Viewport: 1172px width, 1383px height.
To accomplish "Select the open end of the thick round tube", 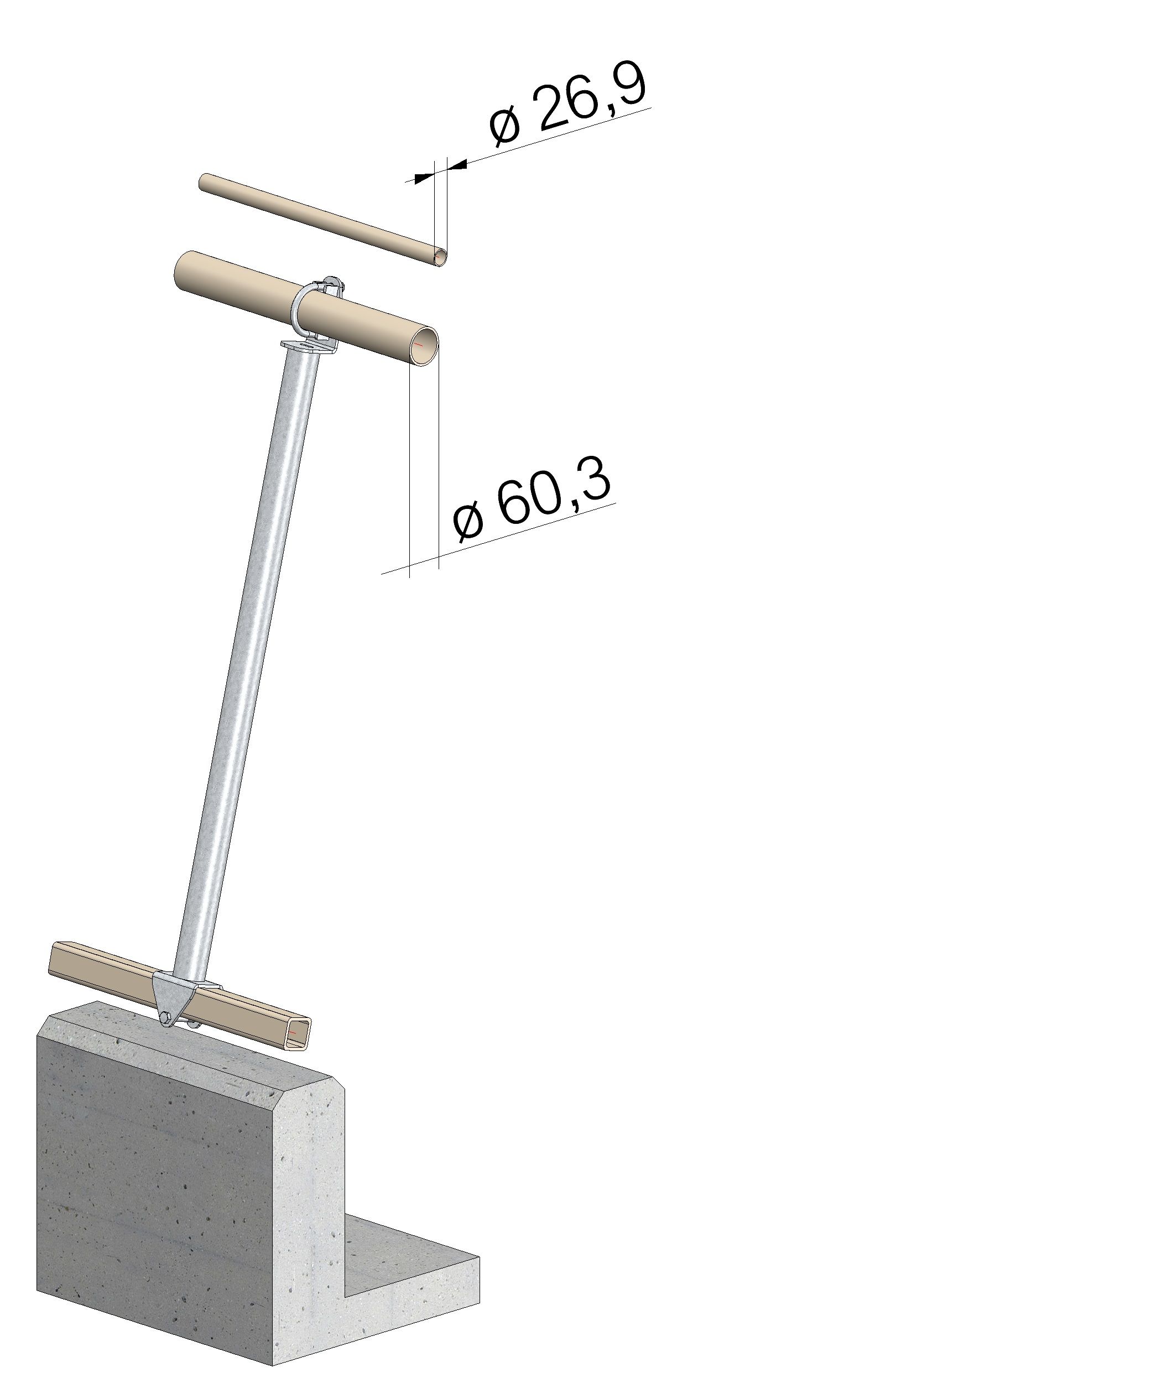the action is [x=423, y=346].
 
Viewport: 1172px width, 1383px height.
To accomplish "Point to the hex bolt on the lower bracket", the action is [x=165, y=1017].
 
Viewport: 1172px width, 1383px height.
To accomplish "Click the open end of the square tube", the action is [x=300, y=1033].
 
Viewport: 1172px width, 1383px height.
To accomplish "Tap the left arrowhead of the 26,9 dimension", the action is [x=423, y=178].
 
